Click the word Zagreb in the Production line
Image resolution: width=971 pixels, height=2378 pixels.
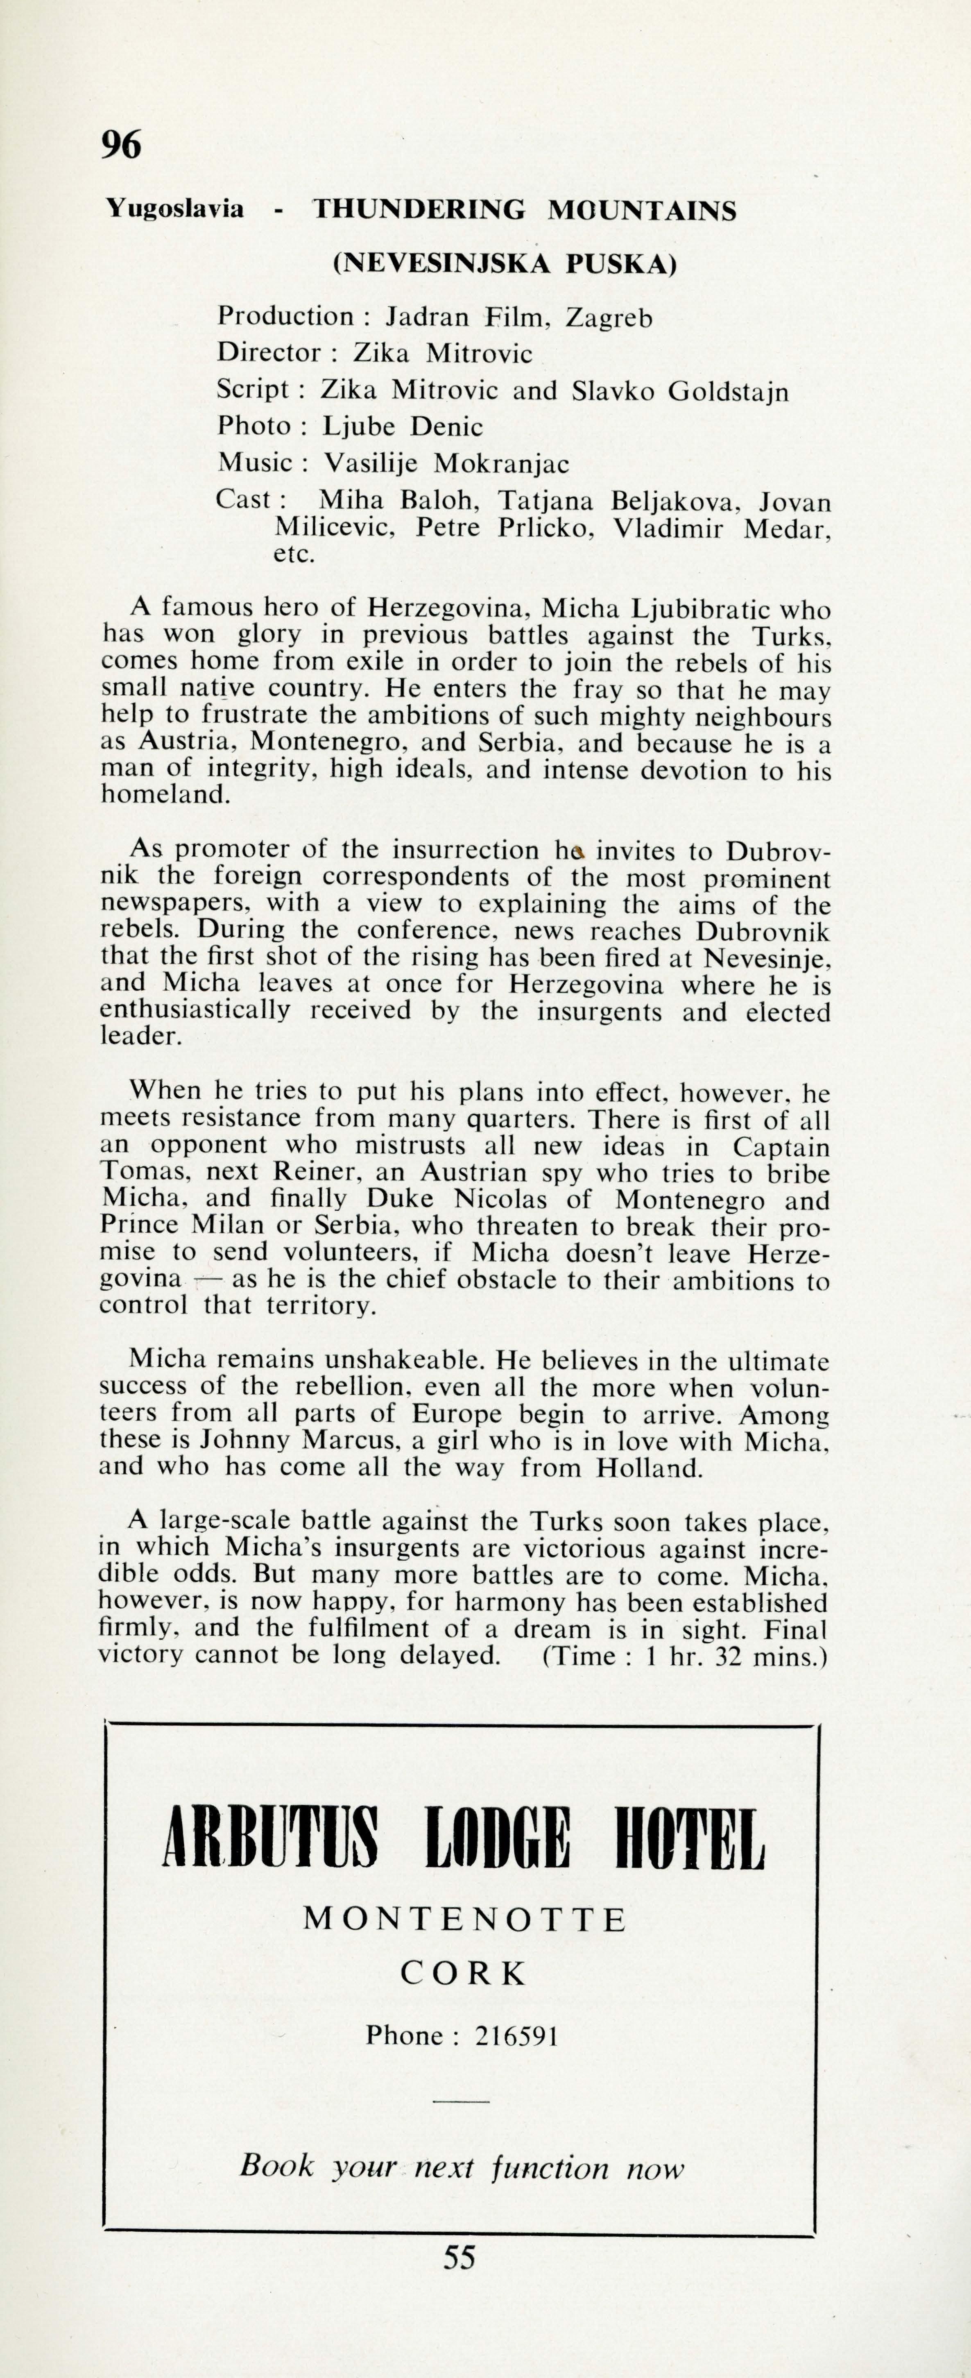(x=609, y=318)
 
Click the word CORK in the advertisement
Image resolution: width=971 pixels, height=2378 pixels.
(x=463, y=1974)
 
